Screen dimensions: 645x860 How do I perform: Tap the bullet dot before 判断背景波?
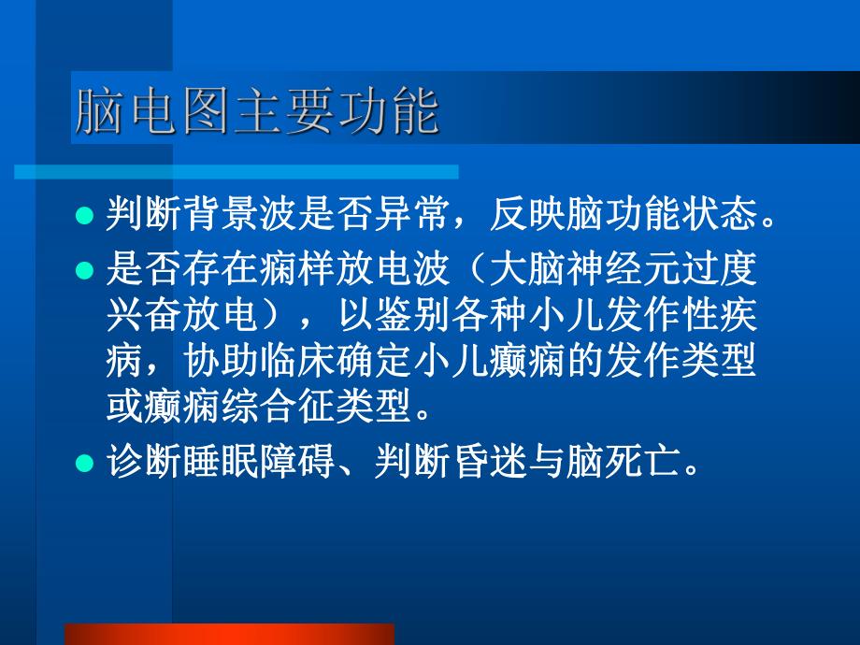pos(84,216)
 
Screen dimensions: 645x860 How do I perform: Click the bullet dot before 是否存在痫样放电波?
pos(84,271)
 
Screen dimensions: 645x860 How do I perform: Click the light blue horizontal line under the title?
pos(236,172)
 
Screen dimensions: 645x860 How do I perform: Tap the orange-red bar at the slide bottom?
pos(228,634)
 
